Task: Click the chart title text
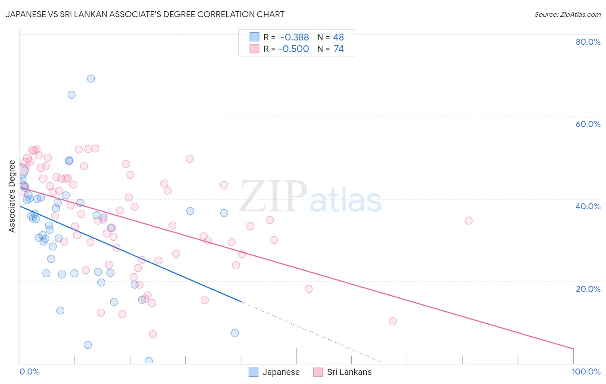[145, 14]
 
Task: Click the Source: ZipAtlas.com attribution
[567, 14]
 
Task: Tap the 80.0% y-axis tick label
[588, 42]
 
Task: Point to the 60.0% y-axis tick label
[588, 124]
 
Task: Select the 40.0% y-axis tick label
[588, 206]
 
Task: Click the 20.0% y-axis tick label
[588, 288]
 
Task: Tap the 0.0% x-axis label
[29, 372]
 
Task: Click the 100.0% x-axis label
[586, 372]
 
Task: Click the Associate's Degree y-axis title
[12, 196]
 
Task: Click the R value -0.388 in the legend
[294, 37]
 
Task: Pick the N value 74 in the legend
[338, 49]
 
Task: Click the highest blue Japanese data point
[91, 78]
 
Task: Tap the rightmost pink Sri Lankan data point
[469, 220]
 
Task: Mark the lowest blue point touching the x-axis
[149, 361]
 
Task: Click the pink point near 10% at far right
[393, 321]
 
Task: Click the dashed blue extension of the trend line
[310, 332]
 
